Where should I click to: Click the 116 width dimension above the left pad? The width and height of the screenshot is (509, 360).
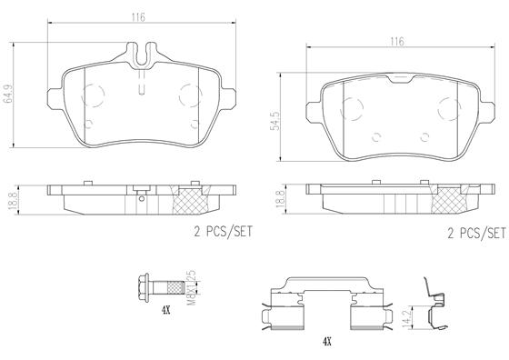click(x=138, y=17)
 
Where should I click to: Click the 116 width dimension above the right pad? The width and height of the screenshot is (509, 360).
click(x=396, y=42)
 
